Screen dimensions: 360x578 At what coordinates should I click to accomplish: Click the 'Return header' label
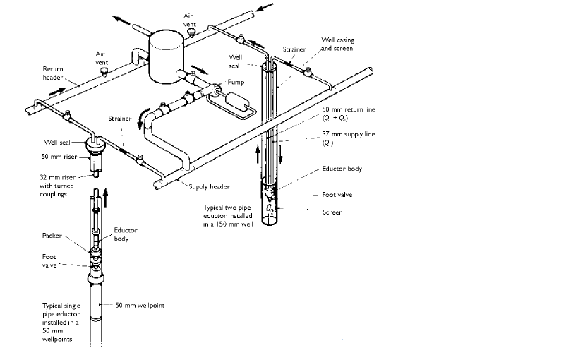[x=54, y=74]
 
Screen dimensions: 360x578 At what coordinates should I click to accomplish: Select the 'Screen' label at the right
[x=332, y=212]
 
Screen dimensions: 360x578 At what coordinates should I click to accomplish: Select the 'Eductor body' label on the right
[x=342, y=169]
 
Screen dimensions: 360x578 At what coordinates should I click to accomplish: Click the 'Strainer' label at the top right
[x=294, y=49]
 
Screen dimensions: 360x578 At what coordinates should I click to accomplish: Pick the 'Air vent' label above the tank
[x=189, y=19]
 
